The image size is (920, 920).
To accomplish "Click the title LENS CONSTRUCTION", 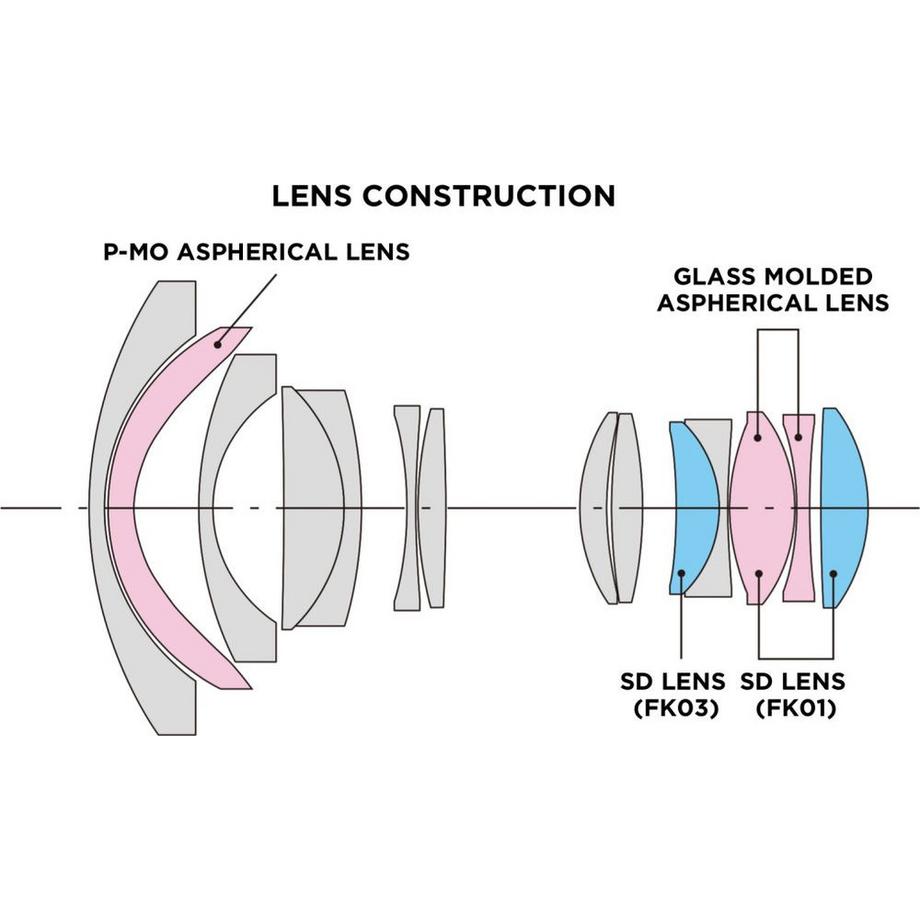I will [x=443, y=196].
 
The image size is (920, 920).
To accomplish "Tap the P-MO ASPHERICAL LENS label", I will [x=257, y=252].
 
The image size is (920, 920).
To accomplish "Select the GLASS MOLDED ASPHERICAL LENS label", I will [x=772, y=289].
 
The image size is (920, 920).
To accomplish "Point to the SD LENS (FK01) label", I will [x=793, y=695].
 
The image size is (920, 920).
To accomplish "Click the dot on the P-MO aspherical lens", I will [x=217, y=343].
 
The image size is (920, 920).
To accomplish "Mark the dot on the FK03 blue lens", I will [x=681, y=574].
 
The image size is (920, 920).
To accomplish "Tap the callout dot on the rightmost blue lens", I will [x=834, y=574].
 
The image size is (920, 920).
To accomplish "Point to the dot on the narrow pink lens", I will [x=798, y=435].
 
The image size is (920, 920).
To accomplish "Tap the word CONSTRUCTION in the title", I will [x=488, y=196].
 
